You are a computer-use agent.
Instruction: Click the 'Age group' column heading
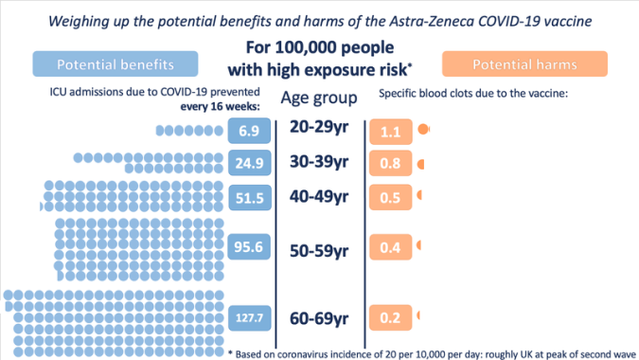[318, 98]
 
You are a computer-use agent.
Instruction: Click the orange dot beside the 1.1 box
[423, 128]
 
